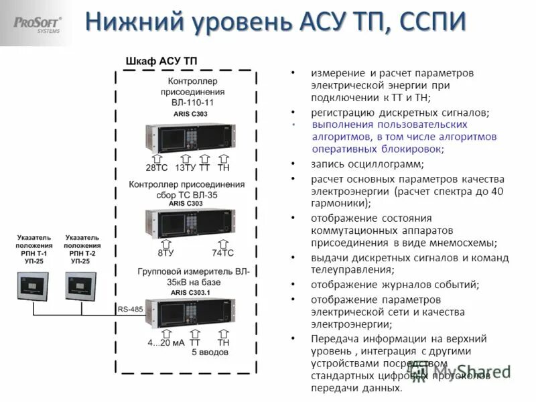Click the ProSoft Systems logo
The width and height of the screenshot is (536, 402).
pyautogui.click(x=38, y=25)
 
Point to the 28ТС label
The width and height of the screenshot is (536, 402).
pyautogui.click(x=157, y=167)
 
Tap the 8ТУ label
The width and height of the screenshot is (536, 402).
pyautogui.click(x=167, y=253)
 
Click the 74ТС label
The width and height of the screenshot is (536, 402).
pyautogui.click(x=223, y=253)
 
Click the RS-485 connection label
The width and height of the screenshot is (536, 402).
pyautogui.click(x=131, y=309)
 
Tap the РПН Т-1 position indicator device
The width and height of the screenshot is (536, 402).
pyautogui.click(x=33, y=287)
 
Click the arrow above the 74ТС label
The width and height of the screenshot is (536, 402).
pyautogui.click(x=223, y=243)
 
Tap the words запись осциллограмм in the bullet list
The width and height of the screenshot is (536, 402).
pyautogui.click(x=366, y=163)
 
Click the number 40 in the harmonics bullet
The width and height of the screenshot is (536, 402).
pyautogui.click(x=496, y=192)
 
